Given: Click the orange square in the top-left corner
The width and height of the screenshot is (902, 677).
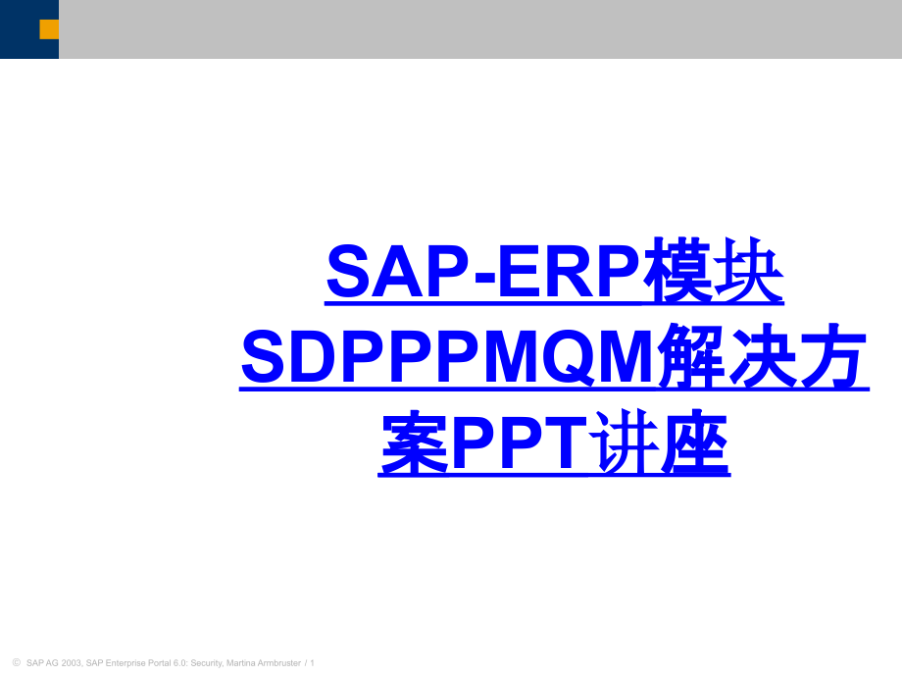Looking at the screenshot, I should pos(49,29).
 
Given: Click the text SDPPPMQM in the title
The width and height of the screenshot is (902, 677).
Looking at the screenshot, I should pos(447,357).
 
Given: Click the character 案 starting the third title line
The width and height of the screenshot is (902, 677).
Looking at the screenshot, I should pos(413,443).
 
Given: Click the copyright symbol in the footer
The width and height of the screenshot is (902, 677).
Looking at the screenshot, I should pos(15,662).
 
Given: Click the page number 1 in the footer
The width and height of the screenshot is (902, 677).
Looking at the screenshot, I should pos(312,662).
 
